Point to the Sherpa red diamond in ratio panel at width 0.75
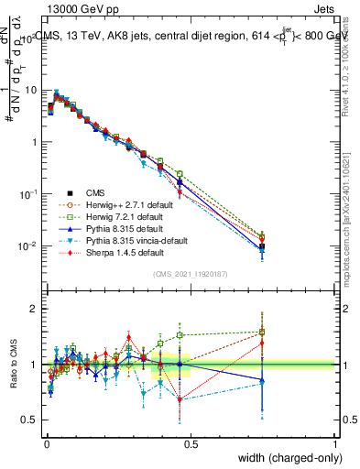click(262, 343)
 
